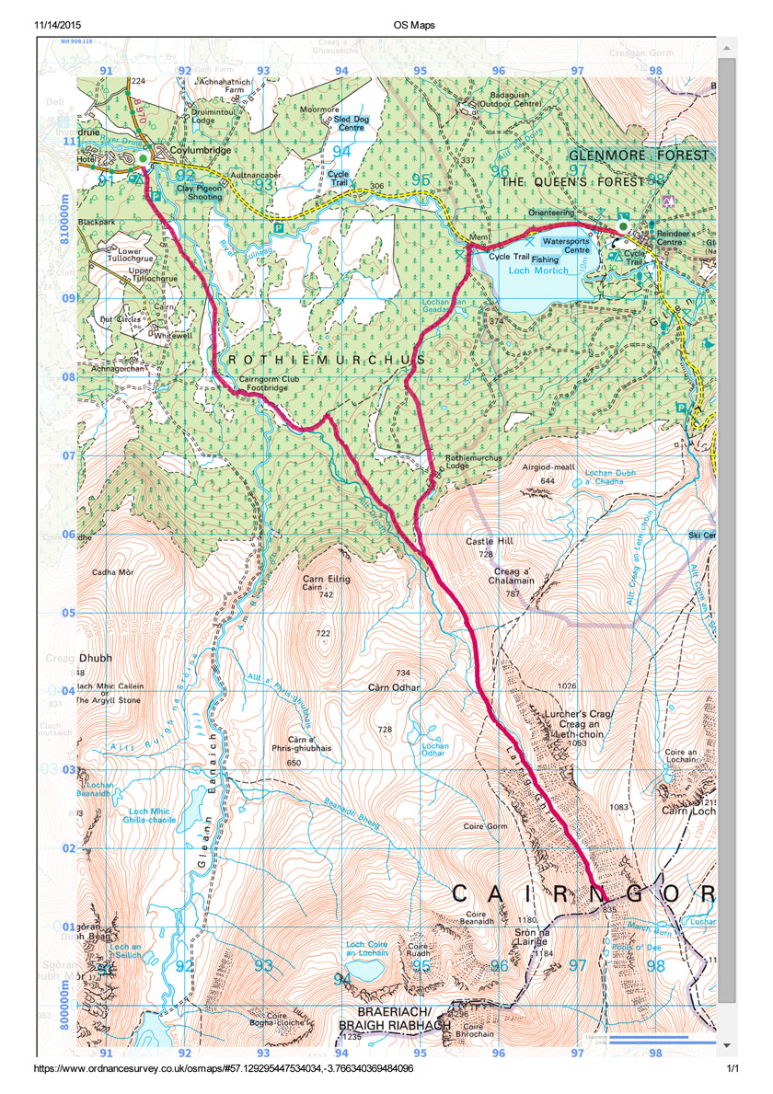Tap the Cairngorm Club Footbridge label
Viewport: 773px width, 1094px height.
coord(263,384)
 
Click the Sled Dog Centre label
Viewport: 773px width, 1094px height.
coord(349,122)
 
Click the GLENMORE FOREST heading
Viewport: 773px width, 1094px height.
coord(640,155)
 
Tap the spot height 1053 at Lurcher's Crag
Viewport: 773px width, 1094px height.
coord(578,743)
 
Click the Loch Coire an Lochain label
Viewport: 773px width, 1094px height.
coord(363,949)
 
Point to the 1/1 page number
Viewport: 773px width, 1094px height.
coord(733,1069)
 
